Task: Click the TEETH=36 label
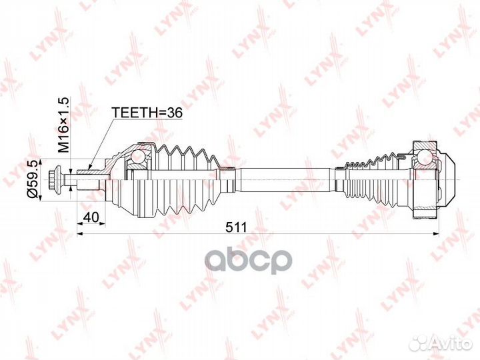coord(147,113)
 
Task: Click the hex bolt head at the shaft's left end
coord(55,179)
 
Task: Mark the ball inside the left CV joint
coord(137,157)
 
